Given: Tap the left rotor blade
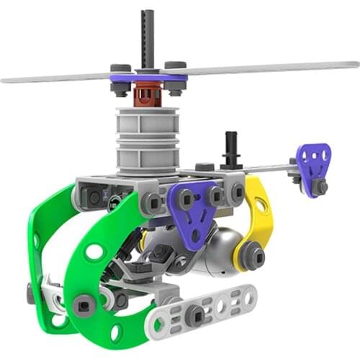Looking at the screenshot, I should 58,76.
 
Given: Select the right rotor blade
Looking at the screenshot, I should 274,68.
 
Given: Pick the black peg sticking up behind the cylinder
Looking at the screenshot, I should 231,148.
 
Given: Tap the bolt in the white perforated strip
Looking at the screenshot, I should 194,314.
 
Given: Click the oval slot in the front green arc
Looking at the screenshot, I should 94,252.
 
